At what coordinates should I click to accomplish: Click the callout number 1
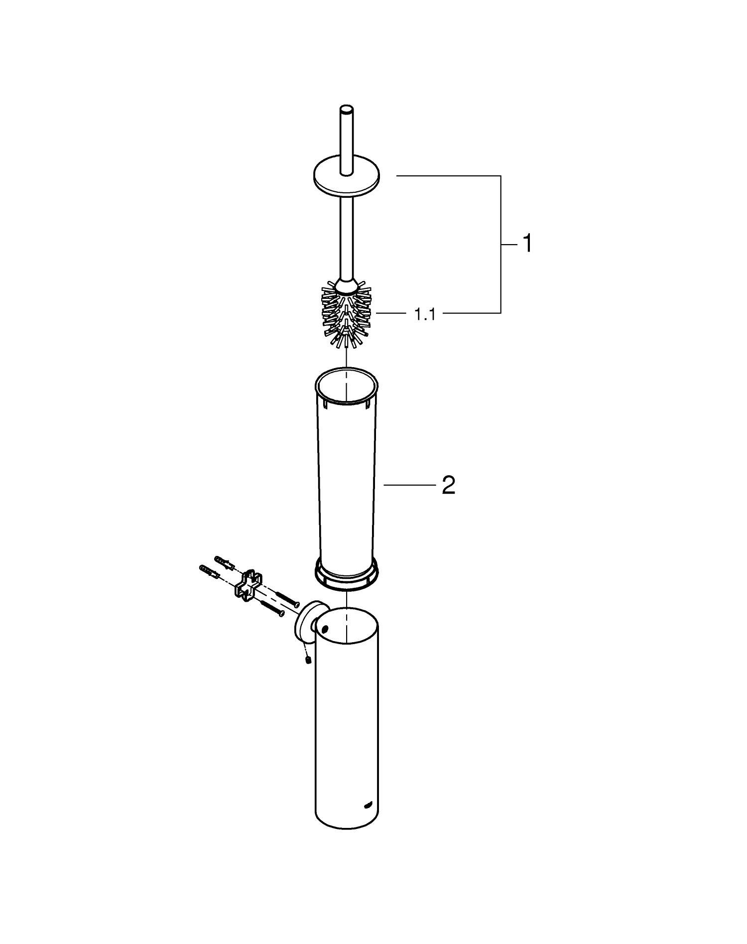pos(526,244)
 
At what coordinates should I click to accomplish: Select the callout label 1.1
pos(425,314)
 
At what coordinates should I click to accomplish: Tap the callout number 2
pos(448,485)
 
